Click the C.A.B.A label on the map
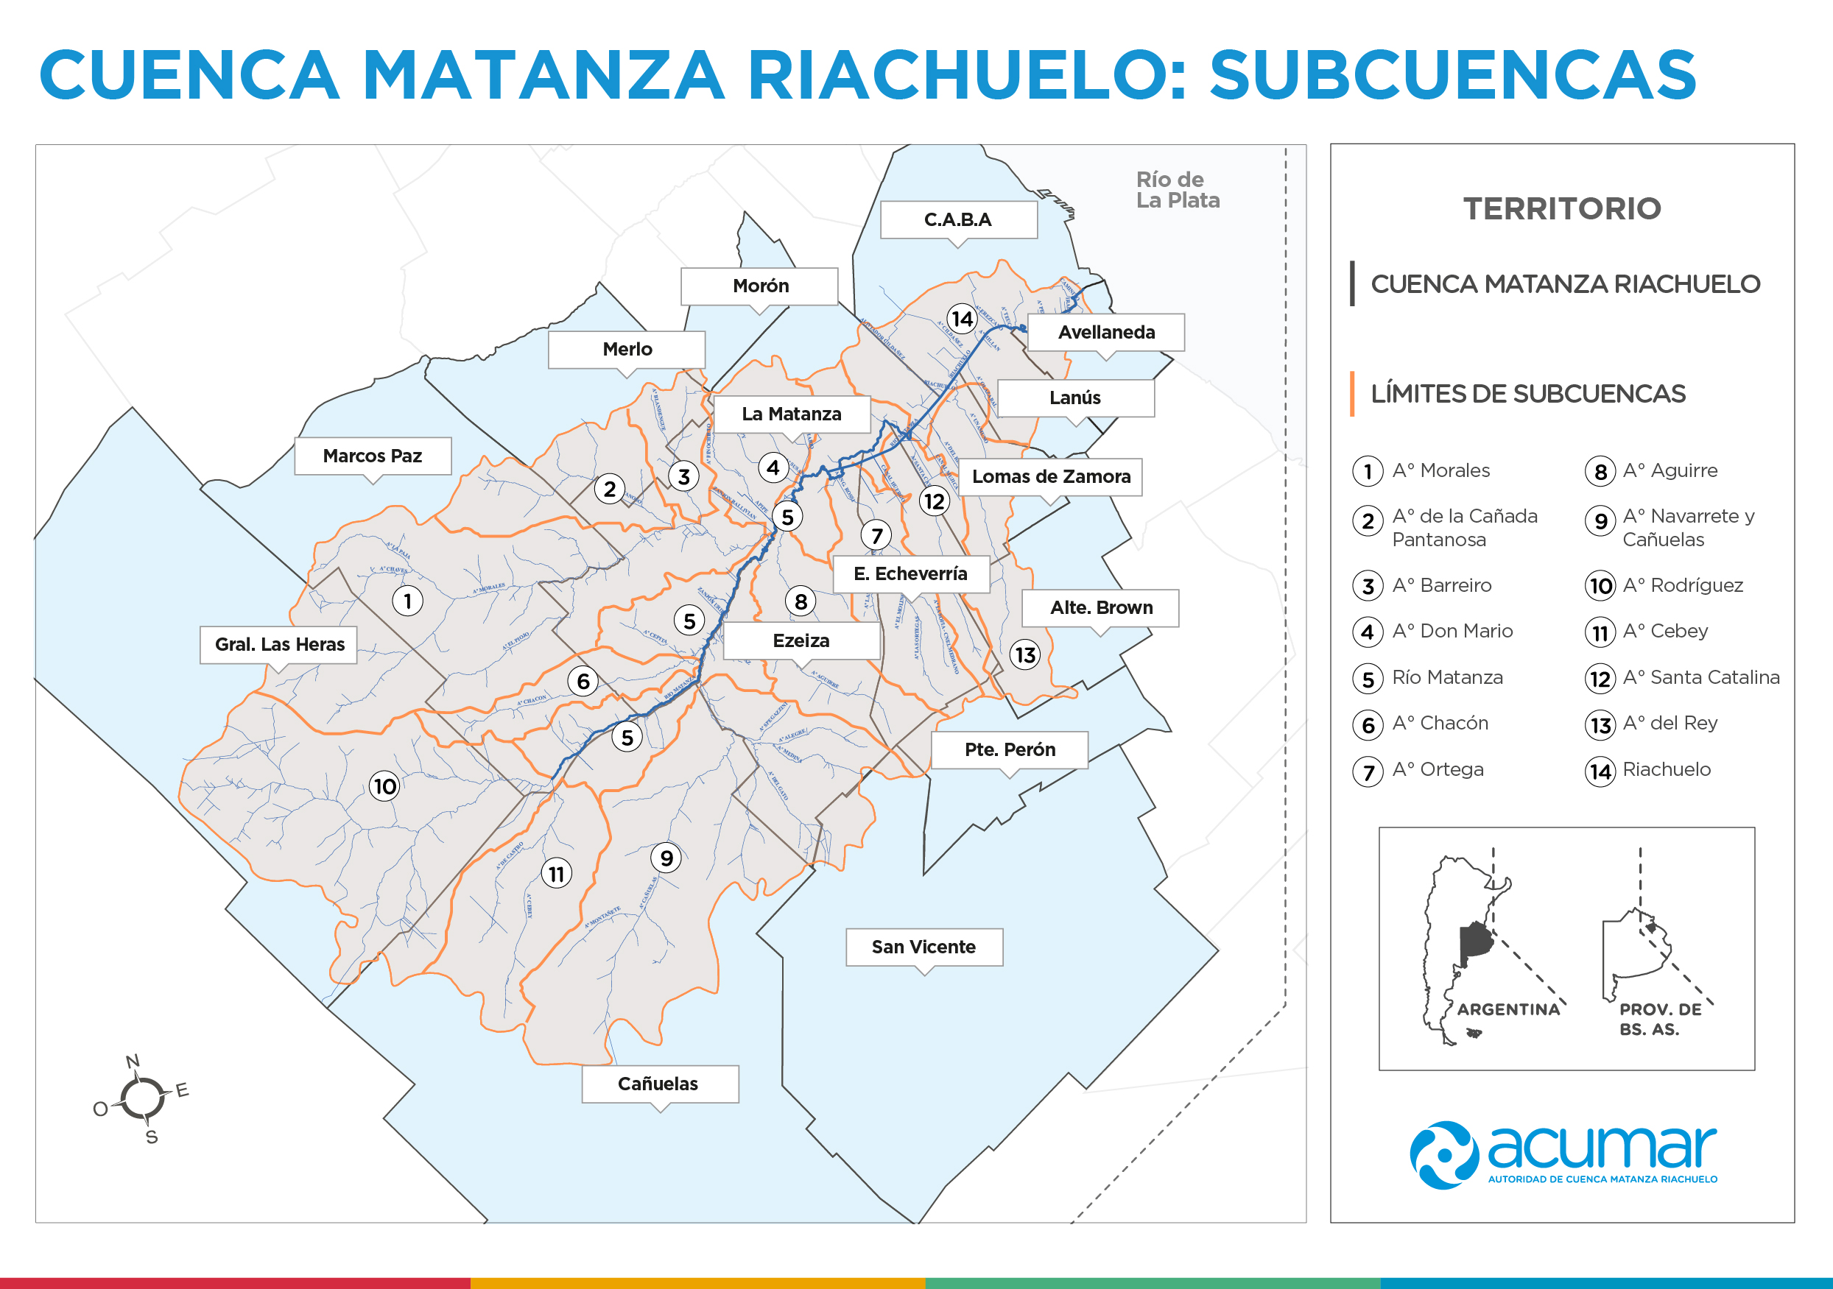coord(958,219)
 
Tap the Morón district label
coord(760,286)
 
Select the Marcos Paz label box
coord(372,456)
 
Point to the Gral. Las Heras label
coord(279,644)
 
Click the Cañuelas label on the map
coord(658,1083)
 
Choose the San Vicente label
coord(923,947)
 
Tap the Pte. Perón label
coord(1010,749)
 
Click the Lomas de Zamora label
coord(1051,476)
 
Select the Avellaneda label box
coord(1107,332)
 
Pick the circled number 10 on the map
coord(385,786)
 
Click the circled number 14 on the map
coord(962,319)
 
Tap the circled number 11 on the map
coord(557,874)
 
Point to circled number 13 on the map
coord(1025,655)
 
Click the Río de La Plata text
coord(1178,190)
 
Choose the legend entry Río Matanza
coord(1446,677)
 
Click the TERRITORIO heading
coord(1561,209)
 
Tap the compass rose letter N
coord(133,1061)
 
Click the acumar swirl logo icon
coord(1443,1155)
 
